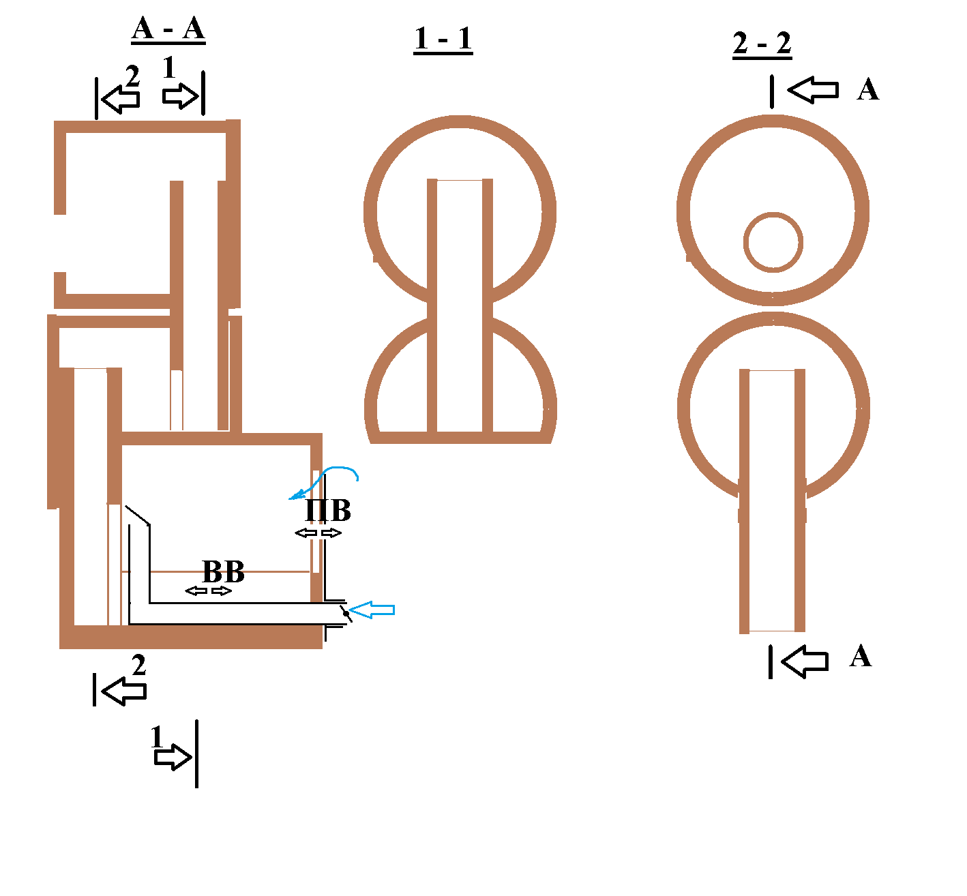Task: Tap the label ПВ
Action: point(328,510)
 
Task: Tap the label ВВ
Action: point(223,571)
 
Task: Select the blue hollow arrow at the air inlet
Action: point(372,610)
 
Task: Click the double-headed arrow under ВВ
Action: point(209,591)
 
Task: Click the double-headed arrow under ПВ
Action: point(318,533)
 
